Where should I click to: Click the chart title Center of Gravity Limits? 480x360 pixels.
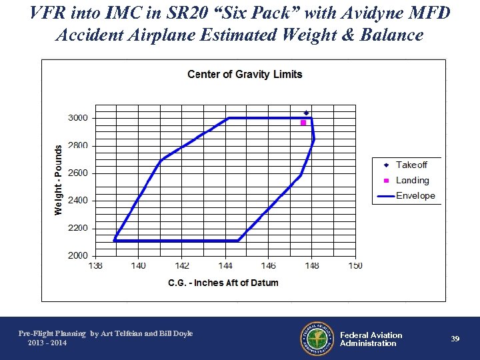point(245,74)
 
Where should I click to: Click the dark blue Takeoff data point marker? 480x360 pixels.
point(306,113)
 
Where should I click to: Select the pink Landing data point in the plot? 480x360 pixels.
point(303,123)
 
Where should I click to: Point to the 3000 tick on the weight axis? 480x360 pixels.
point(77,118)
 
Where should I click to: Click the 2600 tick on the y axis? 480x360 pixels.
point(77,173)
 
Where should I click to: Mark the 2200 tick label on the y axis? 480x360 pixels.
point(77,228)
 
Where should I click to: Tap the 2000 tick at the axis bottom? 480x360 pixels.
point(77,255)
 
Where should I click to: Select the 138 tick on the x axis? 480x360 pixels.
point(95,266)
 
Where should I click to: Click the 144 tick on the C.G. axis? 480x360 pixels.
point(225,266)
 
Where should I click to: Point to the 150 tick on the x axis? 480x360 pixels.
point(355,266)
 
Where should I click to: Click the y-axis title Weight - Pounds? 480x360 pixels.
point(59,180)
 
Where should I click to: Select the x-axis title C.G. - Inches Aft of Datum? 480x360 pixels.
point(223,283)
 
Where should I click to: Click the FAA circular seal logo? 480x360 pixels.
point(317,339)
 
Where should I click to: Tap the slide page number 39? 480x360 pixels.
point(455,339)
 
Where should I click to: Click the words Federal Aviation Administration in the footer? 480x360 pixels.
point(371,339)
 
